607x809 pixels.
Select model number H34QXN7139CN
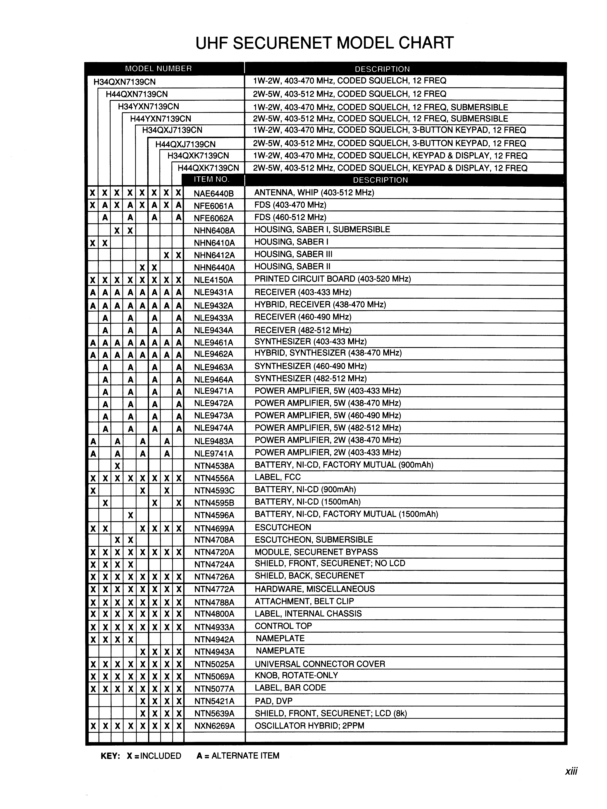[x=124, y=82]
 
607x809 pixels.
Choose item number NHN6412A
[x=214, y=255]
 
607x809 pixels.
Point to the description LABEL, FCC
[x=277, y=477]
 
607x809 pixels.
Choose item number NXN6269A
[x=214, y=726]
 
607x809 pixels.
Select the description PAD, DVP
[x=273, y=701]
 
